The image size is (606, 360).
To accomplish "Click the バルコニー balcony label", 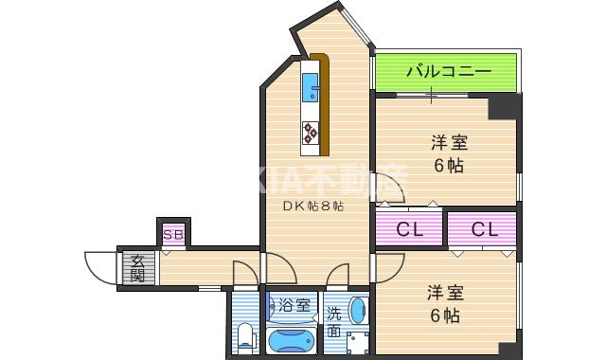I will pos(449,72).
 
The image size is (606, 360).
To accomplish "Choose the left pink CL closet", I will pos(409,229).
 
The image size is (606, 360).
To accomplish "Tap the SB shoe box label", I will pos(172,234).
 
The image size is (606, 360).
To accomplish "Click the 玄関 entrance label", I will pos(137,268).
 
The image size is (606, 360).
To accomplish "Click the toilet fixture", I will pos(244,335).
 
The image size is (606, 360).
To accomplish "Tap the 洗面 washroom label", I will pos(334,322).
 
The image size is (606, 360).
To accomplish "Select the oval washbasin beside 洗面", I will pos(356,310).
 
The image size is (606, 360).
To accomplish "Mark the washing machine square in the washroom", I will pos(357,343).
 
